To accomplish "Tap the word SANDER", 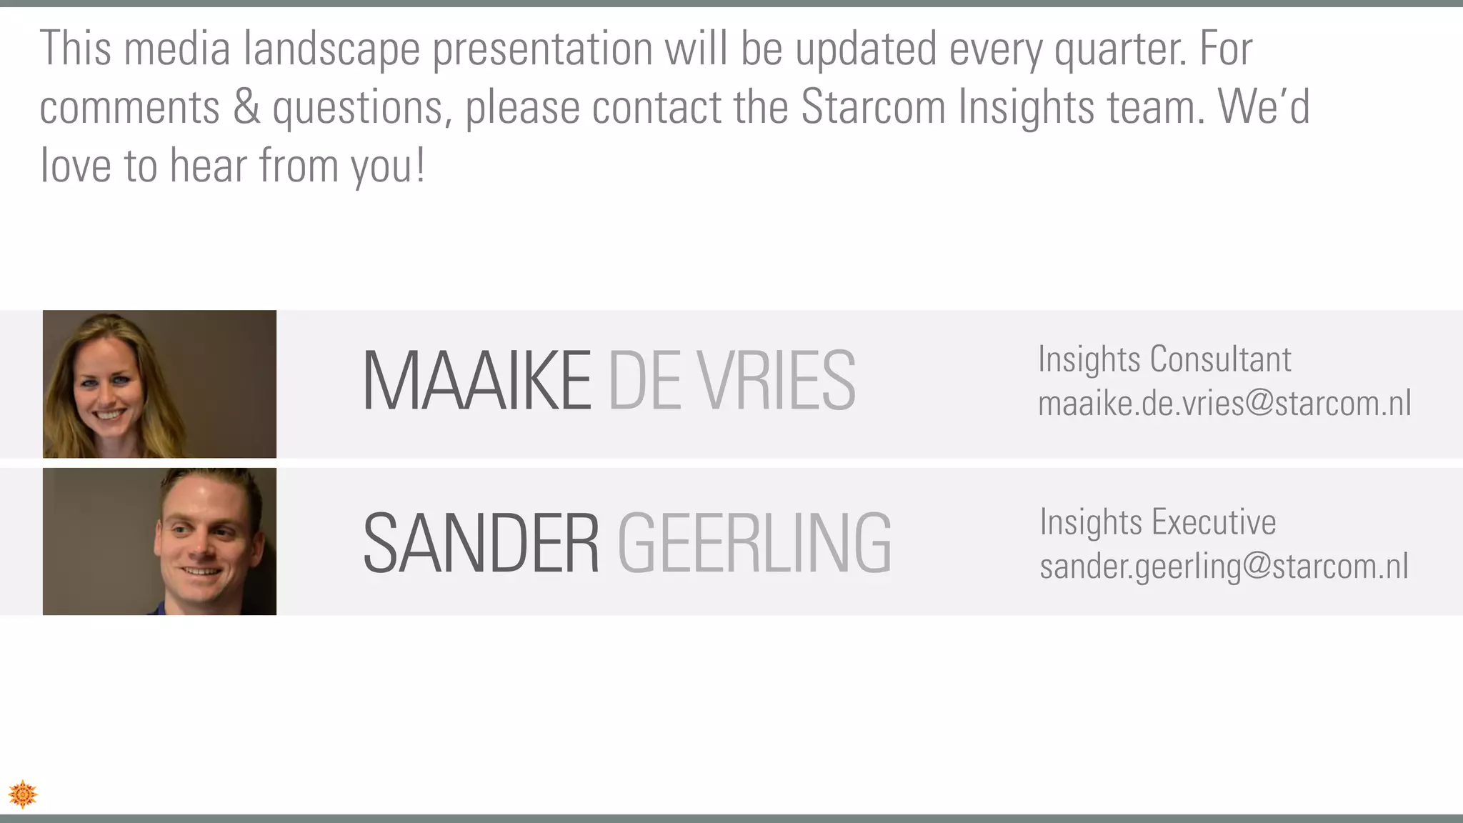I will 481,544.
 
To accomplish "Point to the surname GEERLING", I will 754,544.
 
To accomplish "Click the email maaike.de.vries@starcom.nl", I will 1224,404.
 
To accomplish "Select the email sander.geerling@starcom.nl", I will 1224,567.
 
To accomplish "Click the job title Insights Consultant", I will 1164,359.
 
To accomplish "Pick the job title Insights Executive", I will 1157,522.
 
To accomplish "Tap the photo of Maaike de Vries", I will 159,384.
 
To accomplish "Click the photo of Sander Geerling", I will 159,542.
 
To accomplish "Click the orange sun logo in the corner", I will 23,794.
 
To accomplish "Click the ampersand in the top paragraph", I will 246,107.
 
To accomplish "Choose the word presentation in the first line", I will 543,50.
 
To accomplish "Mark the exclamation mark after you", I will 420,166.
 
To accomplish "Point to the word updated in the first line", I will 866,49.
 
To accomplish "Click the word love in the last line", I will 75,166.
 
